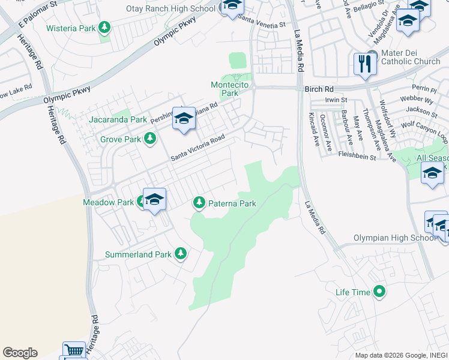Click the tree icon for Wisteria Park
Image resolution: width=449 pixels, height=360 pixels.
pos(105,28)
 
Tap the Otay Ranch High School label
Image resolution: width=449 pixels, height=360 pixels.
pos(170,9)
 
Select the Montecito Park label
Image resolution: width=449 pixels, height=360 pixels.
pos(229,89)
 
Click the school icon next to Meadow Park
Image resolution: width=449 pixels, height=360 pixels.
pos(155,199)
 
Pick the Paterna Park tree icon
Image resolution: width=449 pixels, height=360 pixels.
pos(199,203)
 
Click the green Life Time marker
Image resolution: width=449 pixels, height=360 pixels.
pos(379,292)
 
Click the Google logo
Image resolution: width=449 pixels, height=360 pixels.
pos(20,353)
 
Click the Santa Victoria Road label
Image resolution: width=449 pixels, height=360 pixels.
pos(197,147)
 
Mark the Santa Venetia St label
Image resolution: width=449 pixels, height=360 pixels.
pos(262,25)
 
